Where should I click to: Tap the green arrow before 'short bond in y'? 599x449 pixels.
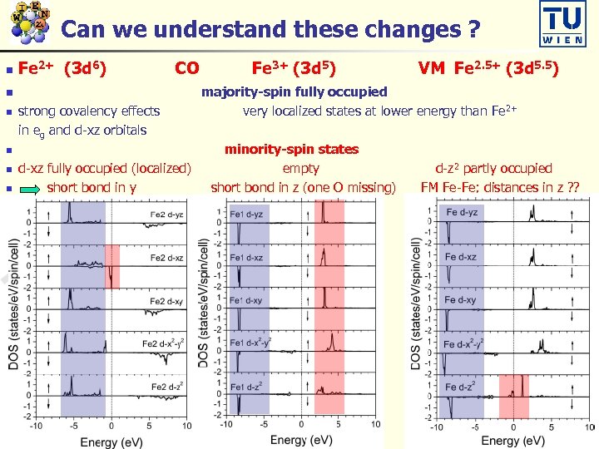[30, 189]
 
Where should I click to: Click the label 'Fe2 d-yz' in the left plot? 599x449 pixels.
[168, 214]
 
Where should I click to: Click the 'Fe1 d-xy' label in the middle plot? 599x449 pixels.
[245, 300]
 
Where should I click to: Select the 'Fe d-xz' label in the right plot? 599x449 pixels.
[461, 256]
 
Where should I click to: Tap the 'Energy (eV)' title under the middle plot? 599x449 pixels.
[299, 438]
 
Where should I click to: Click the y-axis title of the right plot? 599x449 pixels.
[416, 303]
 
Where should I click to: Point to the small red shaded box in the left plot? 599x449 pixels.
[112, 266]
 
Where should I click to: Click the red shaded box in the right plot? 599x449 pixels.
[513, 397]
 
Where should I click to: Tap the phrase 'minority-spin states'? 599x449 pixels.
[291, 150]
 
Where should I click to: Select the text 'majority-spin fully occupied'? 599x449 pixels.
[294, 91]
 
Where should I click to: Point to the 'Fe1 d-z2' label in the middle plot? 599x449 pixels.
[245, 387]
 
